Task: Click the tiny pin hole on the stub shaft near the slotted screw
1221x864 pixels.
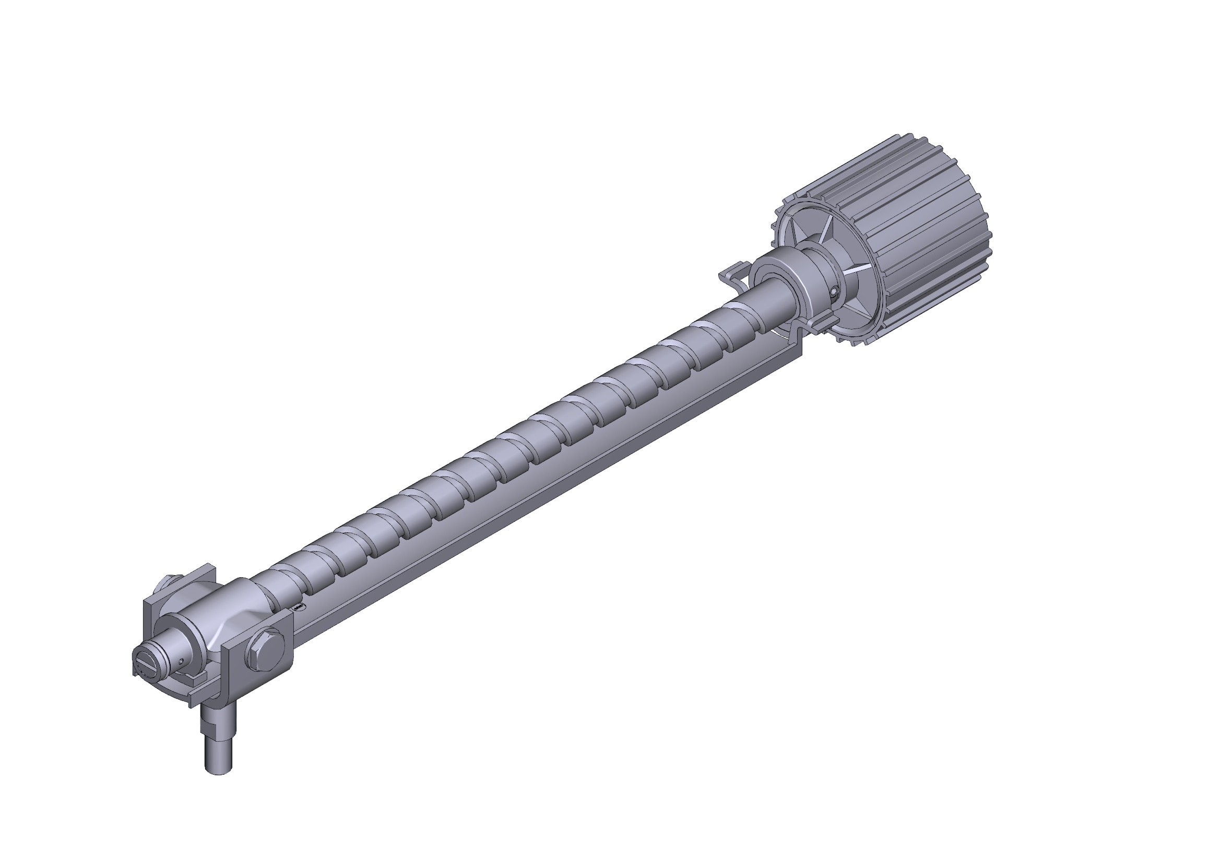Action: point(181,661)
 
